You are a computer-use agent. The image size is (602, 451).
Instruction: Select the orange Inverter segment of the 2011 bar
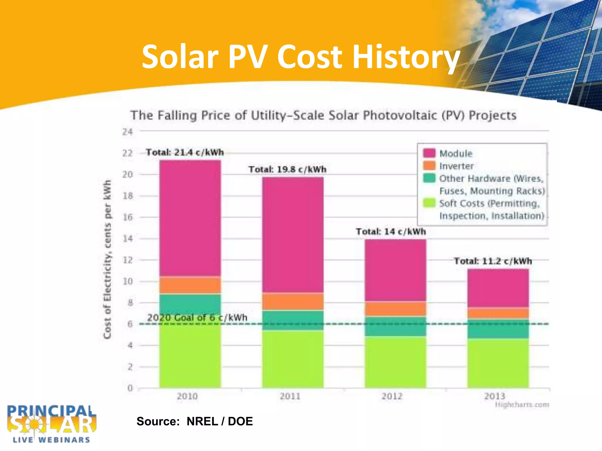293,301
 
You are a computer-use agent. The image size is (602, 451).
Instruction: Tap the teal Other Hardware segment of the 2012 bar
395,326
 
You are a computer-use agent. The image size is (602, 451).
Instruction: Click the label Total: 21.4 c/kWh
185,152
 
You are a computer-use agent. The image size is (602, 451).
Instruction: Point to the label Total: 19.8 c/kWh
287,169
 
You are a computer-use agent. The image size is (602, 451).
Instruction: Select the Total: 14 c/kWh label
391,232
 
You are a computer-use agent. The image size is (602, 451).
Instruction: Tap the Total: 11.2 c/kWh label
493,261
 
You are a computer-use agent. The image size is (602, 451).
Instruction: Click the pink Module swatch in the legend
429,153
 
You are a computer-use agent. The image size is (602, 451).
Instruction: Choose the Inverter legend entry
456,166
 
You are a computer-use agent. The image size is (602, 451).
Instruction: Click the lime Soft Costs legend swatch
429,203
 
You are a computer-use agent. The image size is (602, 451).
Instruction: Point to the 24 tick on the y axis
128,132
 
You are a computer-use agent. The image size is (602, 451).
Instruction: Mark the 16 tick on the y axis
128,217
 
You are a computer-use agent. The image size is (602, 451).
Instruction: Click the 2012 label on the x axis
392,396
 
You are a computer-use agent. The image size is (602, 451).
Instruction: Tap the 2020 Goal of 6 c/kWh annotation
197,317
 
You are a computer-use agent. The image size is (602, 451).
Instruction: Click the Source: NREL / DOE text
195,421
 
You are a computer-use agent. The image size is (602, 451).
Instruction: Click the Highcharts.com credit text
522,405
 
